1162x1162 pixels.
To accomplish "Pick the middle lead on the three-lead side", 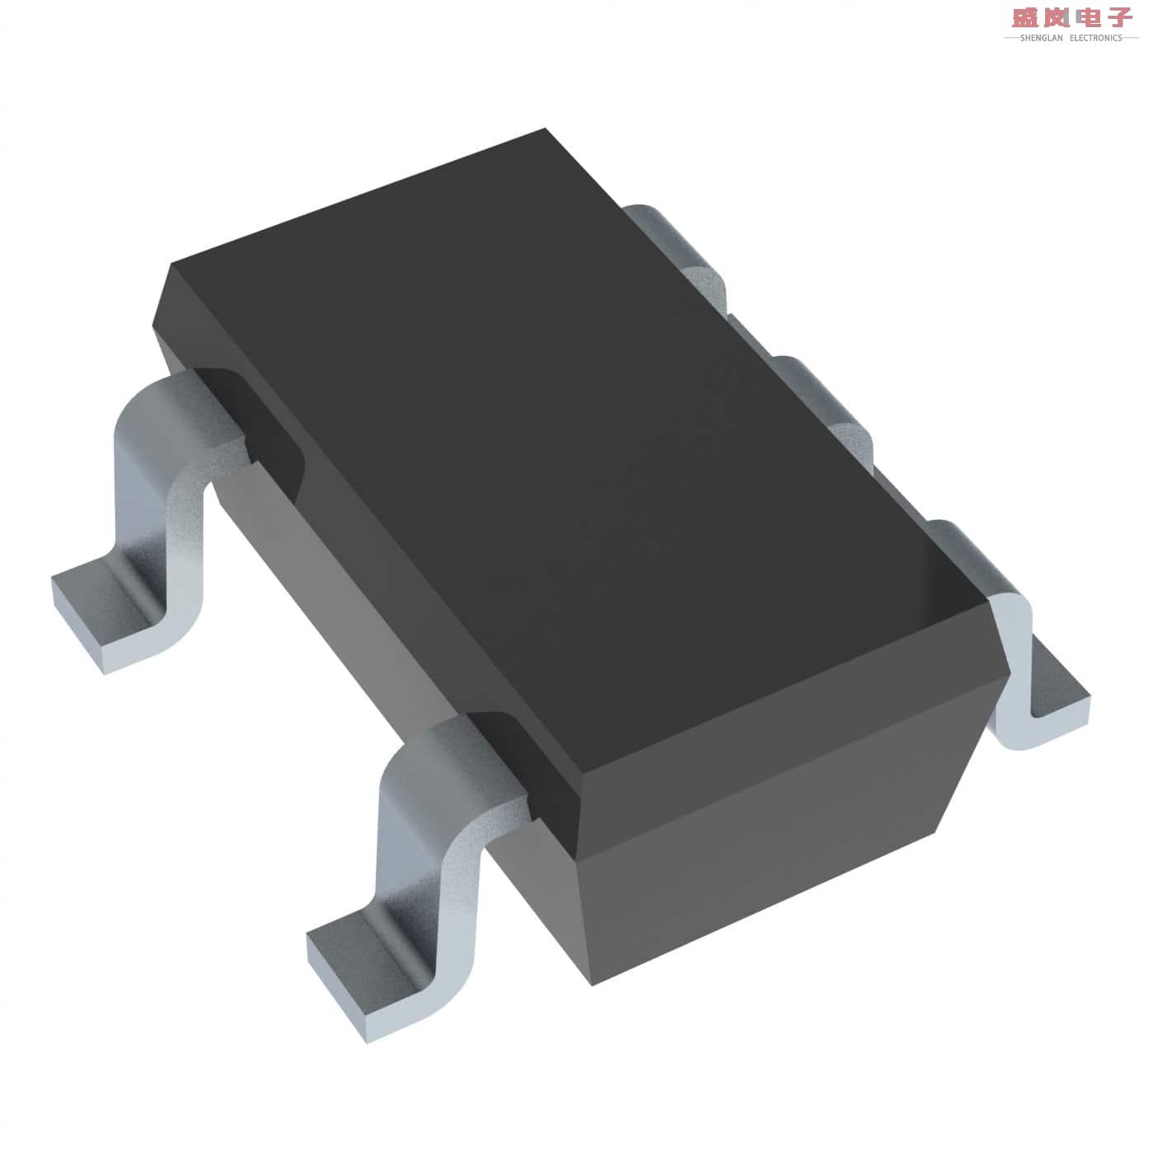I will coord(824,396).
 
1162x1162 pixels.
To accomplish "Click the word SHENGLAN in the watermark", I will coord(1041,38).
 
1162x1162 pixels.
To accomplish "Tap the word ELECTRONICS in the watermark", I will coord(1095,38).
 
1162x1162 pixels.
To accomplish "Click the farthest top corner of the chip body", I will coord(545,129).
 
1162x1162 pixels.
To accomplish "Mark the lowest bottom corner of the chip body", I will coord(593,984).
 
